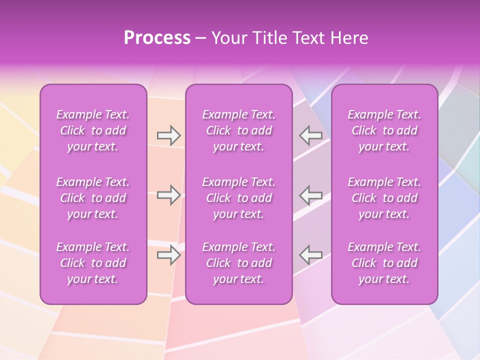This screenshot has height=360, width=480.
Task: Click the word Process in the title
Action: (157, 37)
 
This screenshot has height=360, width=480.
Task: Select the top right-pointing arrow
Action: (168, 135)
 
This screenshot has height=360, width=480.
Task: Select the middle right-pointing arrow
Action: (168, 195)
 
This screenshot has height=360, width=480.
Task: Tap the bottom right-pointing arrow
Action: (168, 255)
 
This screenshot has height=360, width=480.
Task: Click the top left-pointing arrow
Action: (310, 135)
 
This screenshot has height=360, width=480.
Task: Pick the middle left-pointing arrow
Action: (310, 195)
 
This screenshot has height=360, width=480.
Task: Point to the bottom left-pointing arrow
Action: (310, 255)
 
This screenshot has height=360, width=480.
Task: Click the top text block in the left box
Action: (93, 130)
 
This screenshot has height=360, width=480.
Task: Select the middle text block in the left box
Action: (93, 198)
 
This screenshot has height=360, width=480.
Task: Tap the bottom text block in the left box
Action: (93, 263)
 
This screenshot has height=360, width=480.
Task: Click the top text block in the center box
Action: (238, 130)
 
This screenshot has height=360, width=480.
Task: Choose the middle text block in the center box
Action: (238, 198)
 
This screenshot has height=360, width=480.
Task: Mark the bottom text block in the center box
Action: (238, 263)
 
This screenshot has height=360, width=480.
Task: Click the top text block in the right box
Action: (384, 130)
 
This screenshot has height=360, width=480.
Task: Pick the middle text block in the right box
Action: (384, 198)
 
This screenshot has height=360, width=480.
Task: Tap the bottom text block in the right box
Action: (384, 263)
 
